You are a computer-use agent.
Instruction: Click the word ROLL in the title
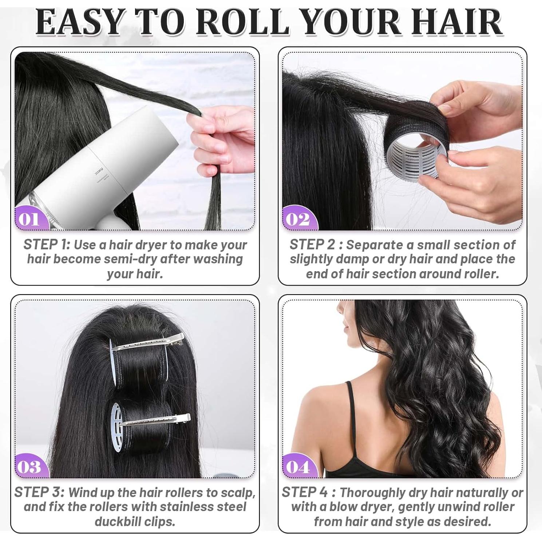tap(243, 23)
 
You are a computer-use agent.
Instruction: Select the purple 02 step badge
tap(298, 219)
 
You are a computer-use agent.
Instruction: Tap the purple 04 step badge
tap(298, 467)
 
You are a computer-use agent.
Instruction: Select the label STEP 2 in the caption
tap(312, 245)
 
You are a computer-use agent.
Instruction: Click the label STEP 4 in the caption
tap(305, 492)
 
